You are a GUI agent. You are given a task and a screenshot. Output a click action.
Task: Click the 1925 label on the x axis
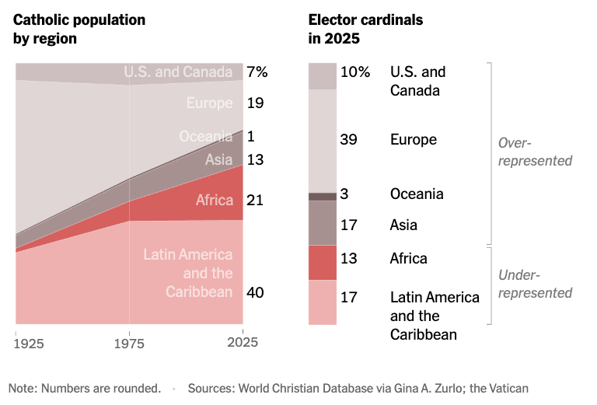coord(29,341)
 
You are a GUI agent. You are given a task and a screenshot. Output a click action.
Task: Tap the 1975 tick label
coord(129,341)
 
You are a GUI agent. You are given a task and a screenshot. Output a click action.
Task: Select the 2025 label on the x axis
coord(243,341)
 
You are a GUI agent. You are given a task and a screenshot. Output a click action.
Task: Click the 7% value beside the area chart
coord(257,72)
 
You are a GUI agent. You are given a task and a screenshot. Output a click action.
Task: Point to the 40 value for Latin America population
coord(255,292)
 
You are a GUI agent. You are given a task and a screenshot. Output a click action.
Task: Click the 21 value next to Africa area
coord(254,200)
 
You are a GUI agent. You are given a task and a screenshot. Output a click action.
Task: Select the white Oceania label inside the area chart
coord(206,137)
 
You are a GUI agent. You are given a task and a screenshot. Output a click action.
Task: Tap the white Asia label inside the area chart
coord(218,160)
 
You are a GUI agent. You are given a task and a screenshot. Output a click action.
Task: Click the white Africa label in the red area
coord(215,201)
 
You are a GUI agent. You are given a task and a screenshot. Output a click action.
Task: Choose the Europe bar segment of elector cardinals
coord(323,140)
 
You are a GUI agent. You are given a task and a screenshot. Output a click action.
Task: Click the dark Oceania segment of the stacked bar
coord(323,196)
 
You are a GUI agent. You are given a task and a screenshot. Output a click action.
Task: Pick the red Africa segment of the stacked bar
coord(323,262)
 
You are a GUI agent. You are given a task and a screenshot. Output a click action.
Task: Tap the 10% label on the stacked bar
coord(355,72)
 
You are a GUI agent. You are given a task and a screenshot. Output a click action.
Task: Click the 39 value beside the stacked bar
coord(349,140)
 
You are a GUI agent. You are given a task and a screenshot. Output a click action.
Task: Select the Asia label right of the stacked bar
coord(403,225)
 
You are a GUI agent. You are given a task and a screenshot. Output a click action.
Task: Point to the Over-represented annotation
coord(535,152)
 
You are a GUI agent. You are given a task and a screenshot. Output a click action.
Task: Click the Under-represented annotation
coord(535,284)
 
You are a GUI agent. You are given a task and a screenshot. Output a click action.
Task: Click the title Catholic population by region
coord(79,29)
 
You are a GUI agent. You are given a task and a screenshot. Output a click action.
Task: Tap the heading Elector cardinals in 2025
coord(365,29)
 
